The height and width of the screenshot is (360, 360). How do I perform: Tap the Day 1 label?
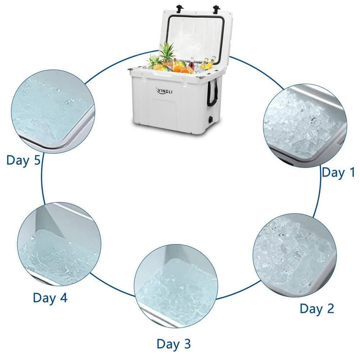click(338, 172)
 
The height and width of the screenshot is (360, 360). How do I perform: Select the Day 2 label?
click(317, 309)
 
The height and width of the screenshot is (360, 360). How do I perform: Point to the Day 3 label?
click(174, 344)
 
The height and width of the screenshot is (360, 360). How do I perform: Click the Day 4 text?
click(50, 298)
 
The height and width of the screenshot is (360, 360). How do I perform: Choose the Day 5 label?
click(23, 160)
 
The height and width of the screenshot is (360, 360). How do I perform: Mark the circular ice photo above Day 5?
click(53, 111)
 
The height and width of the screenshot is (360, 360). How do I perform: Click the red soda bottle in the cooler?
click(192, 65)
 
